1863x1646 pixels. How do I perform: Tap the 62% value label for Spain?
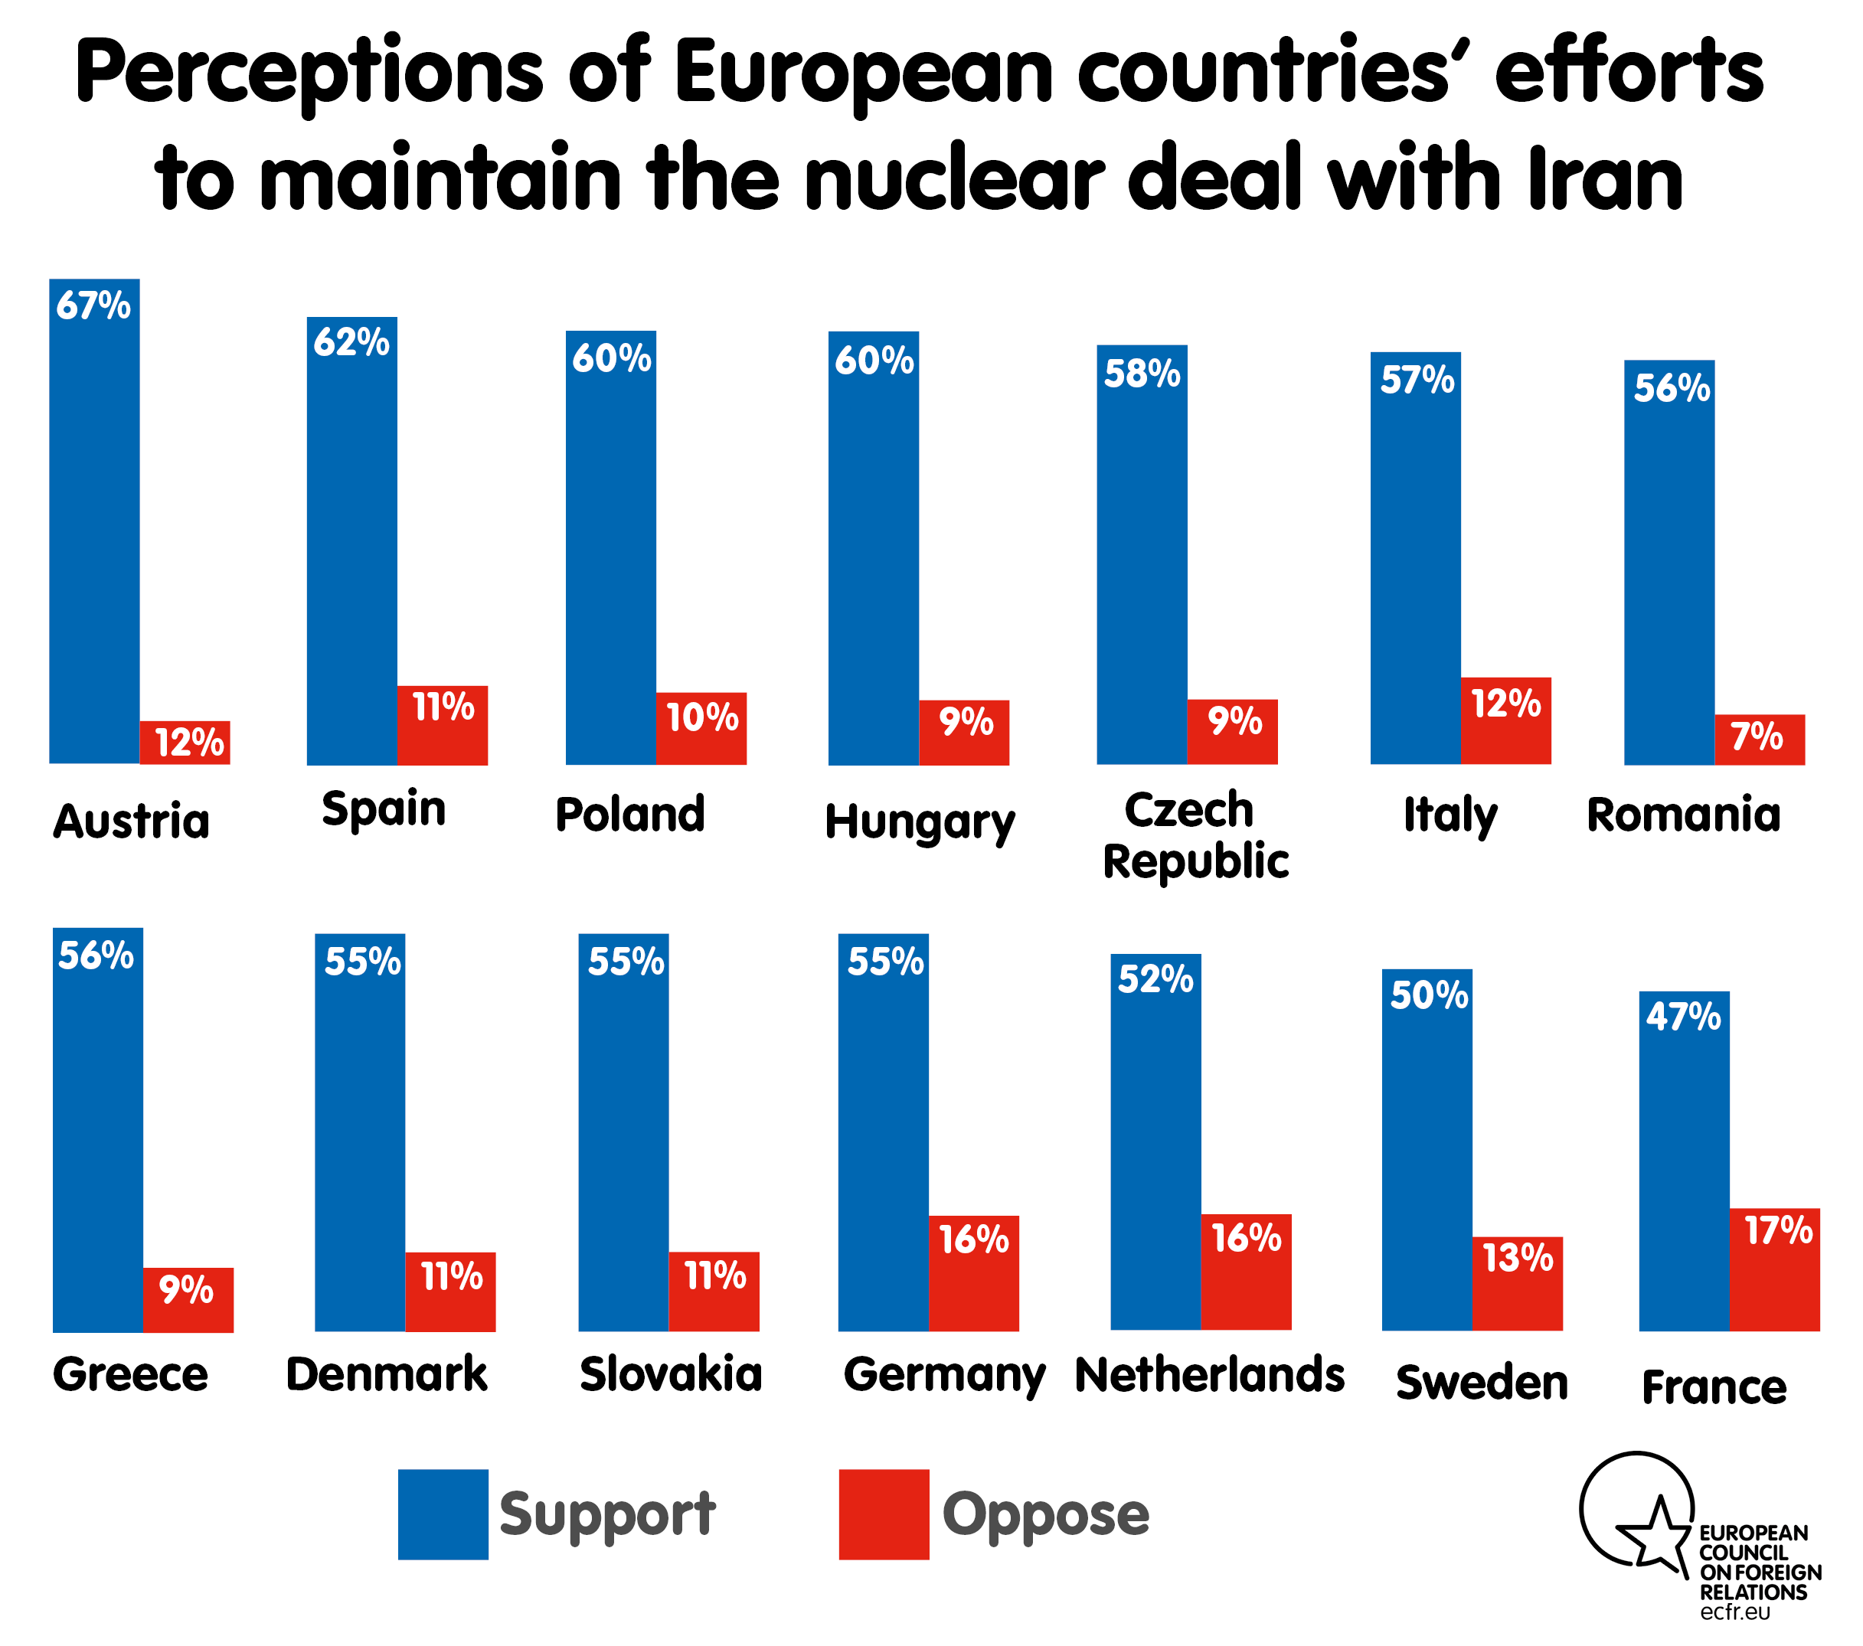click(351, 343)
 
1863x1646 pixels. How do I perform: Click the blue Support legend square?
click(443, 1514)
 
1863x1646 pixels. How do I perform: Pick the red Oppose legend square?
click(883, 1514)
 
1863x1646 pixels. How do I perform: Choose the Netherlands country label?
click(1208, 1374)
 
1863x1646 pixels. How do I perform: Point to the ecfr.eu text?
click(1734, 1612)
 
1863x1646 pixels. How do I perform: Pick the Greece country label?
click(130, 1374)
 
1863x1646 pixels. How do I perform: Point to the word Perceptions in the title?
click(310, 73)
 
